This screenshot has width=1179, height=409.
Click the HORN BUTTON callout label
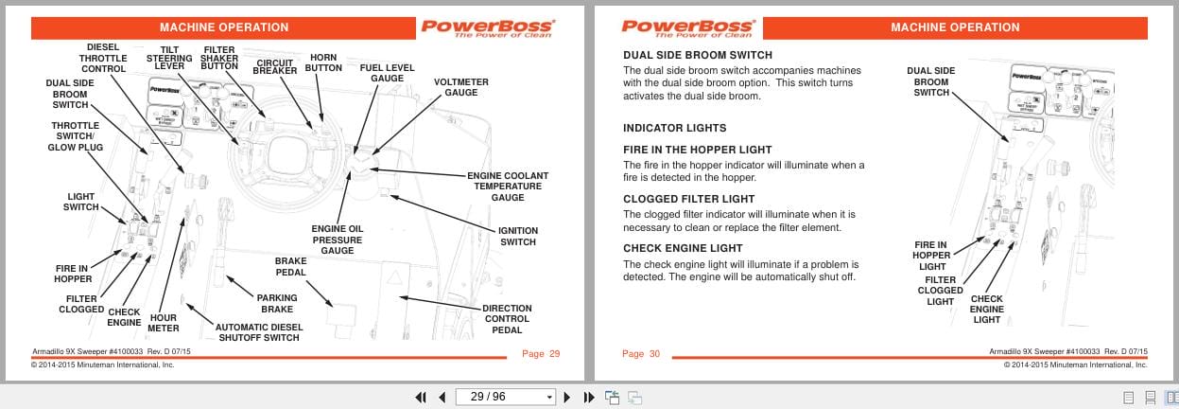point(323,62)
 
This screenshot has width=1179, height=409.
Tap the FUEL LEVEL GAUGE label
point(387,73)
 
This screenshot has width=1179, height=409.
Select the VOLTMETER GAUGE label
point(460,87)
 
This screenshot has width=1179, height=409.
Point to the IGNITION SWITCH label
point(517,236)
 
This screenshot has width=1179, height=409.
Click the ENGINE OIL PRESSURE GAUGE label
point(337,240)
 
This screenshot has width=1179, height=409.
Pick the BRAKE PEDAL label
point(290,266)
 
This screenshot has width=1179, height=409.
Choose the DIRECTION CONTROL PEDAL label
point(507,319)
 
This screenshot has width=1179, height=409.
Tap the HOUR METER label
point(163,323)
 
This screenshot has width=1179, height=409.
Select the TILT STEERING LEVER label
point(169,58)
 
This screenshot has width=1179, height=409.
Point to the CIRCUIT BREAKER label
point(275,66)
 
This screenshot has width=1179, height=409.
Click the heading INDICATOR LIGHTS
point(674,128)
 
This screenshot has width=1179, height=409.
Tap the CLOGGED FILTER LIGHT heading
point(689,199)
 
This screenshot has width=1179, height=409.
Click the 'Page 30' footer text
point(641,354)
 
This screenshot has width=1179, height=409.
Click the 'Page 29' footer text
point(541,354)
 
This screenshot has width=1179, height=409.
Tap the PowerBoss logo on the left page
point(488,27)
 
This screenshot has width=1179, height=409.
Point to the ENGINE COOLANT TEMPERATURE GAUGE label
point(508,187)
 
